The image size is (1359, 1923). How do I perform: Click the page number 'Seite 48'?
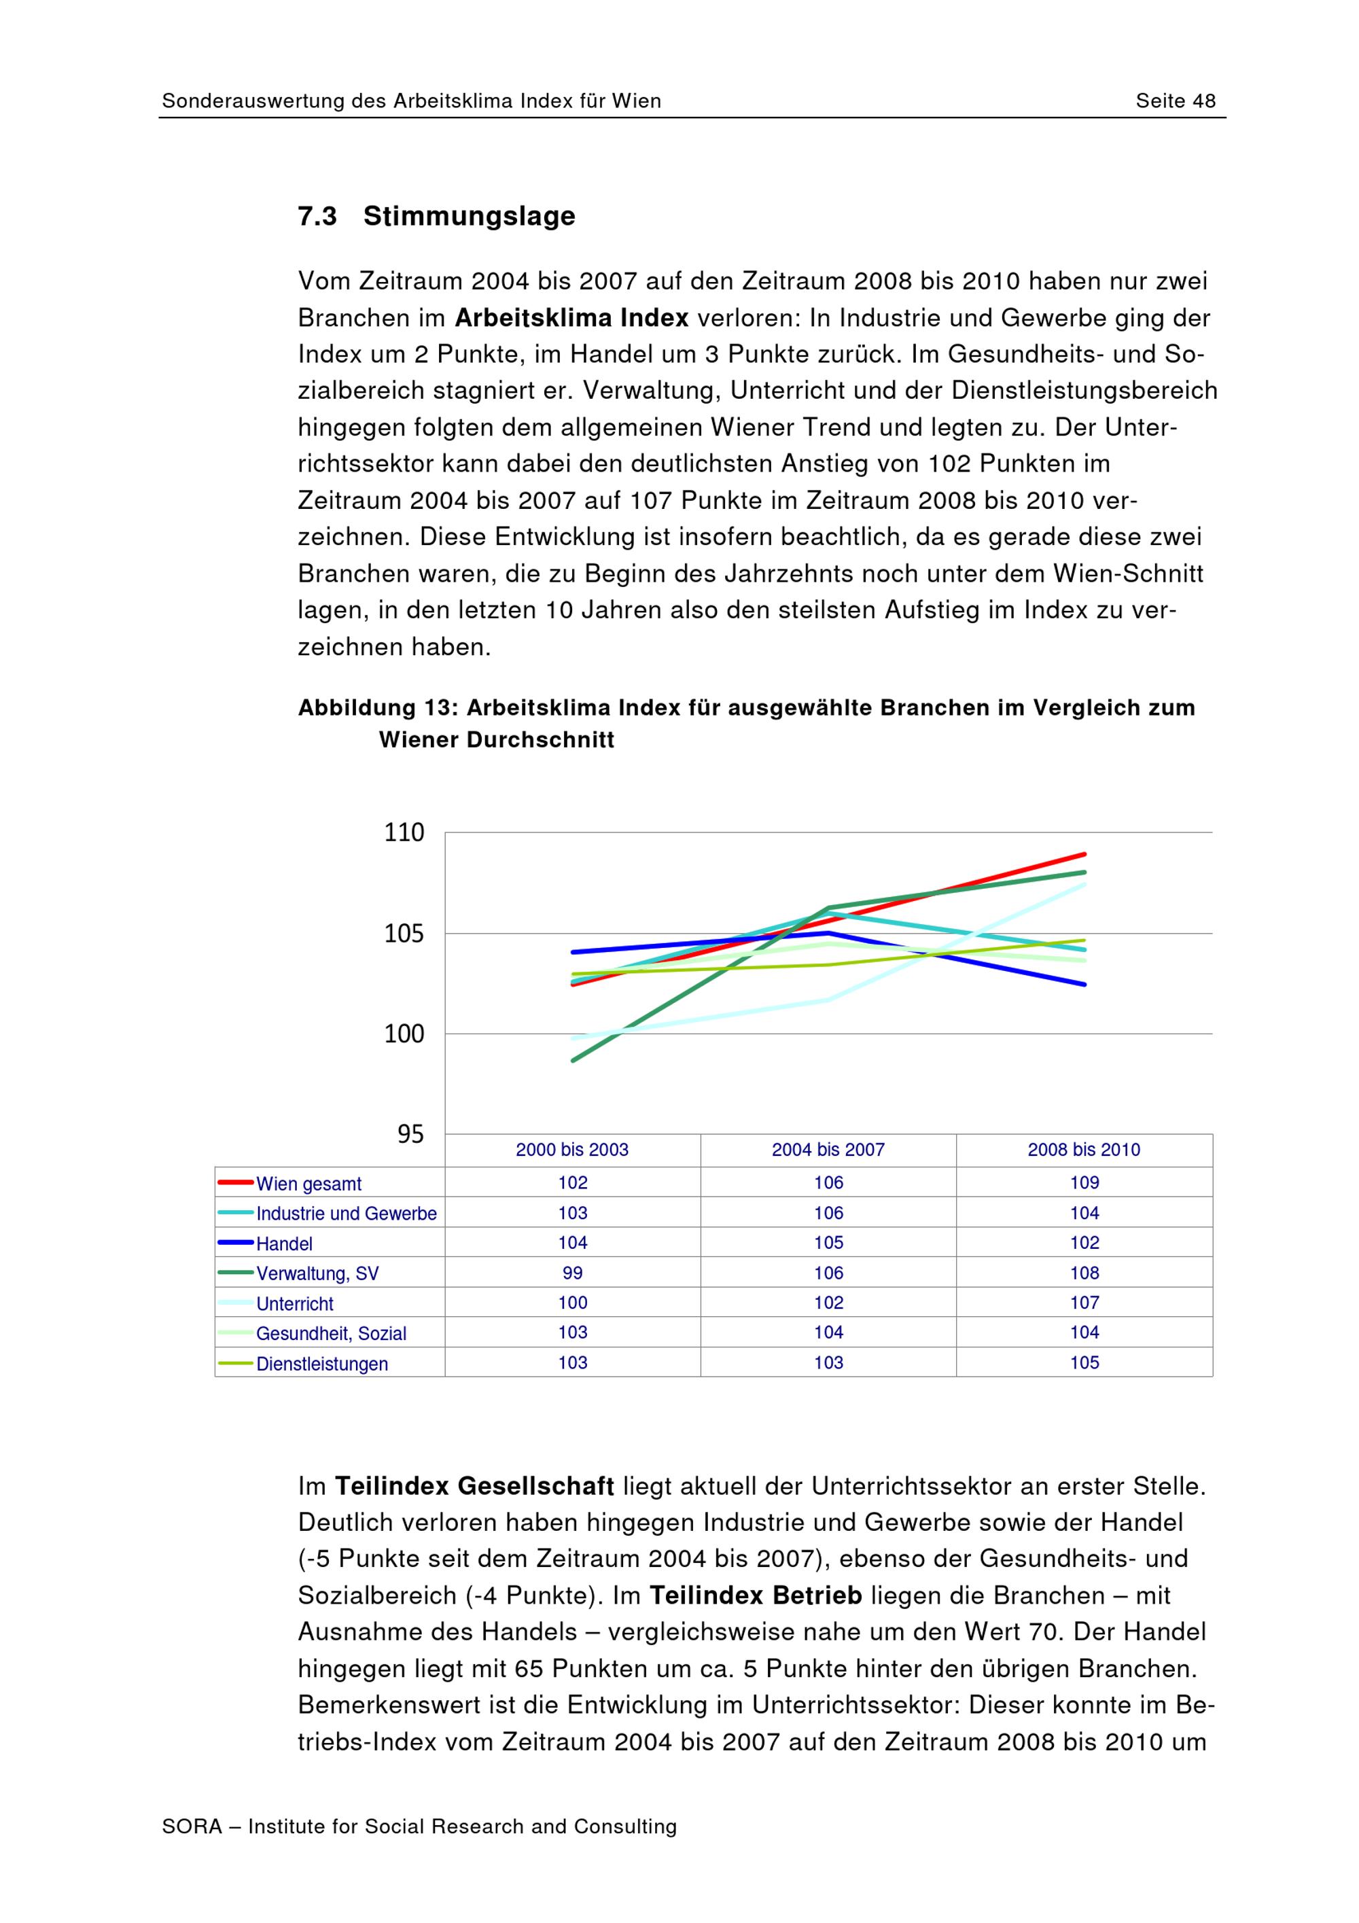coord(1175,101)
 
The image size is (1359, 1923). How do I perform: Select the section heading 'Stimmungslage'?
coord(469,216)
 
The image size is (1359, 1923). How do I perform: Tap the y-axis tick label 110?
coord(404,832)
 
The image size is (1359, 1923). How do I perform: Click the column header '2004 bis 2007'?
coord(828,1150)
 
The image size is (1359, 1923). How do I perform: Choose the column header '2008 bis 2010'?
coord(1084,1150)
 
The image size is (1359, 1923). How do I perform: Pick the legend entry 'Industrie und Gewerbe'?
coord(346,1214)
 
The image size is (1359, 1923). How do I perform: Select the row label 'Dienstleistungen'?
coord(321,1364)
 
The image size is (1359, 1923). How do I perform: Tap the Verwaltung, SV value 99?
coord(573,1273)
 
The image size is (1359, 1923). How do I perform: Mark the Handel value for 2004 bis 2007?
coord(828,1243)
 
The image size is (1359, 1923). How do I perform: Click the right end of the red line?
coord(1084,854)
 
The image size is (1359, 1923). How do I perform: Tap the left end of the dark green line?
coord(573,1060)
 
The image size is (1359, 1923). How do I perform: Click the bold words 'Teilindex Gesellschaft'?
coord(474,1487)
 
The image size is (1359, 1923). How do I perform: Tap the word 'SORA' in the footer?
coord(192,1827)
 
